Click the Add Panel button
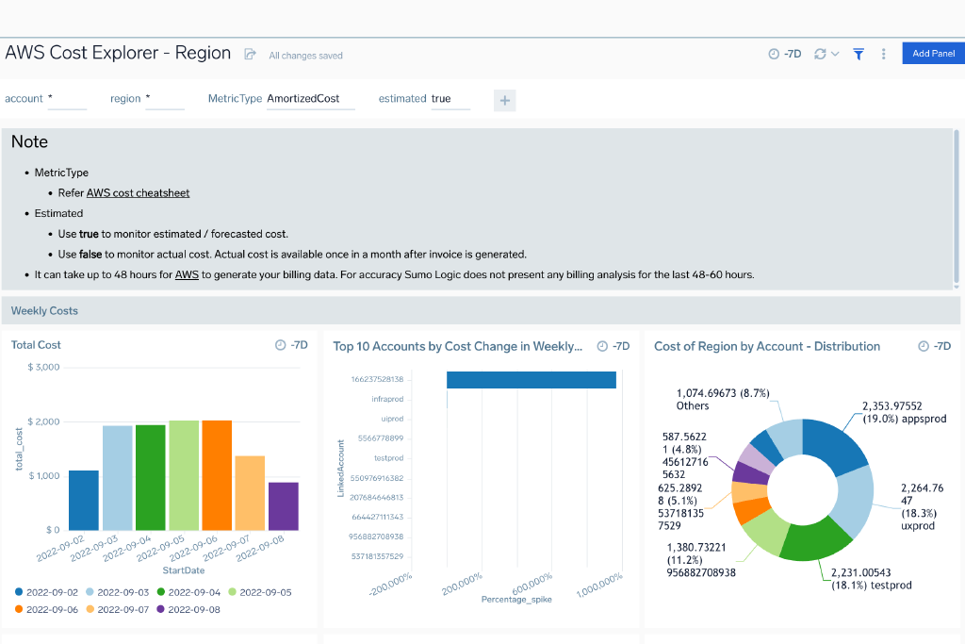[x=933, y=54]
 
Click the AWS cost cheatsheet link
[x=138, y=192]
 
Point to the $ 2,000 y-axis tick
[x=43, y=421]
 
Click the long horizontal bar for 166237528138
[x=531, y=379]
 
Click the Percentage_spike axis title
[x=517, y=599]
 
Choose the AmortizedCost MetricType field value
[x=303, y=98]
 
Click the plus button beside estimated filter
[x=504, y=100]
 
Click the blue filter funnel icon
[x=859, y=55]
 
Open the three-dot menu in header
[x=883, y=55]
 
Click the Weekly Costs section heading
[x=44, y=310]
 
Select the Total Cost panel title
[x=36, y=345]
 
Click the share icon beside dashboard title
[x=250, y=55]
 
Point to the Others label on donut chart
[x=693, y=405]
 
